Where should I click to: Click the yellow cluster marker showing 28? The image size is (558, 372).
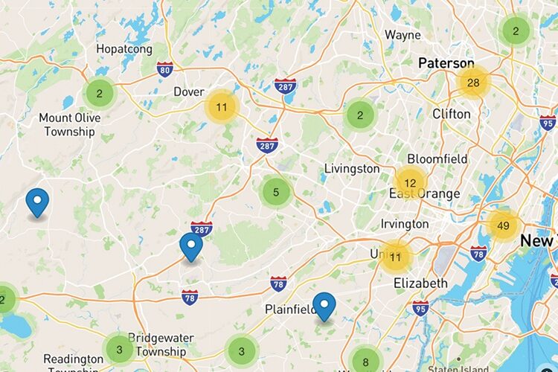(x=472, y=83)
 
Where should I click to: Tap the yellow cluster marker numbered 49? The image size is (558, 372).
(x=503, y=226)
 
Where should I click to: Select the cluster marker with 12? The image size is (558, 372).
(x=410, y=182)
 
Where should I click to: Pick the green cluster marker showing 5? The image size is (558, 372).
(x=276, y=192)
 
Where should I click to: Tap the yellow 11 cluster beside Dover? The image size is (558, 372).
(x=221, y=107)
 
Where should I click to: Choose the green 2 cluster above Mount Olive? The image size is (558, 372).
(x=99, y=94)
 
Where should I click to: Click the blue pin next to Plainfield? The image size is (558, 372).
(x=324, y=306)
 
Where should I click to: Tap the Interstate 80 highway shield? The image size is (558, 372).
(x=165, y=69)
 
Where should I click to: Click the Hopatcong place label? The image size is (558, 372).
(x=124, y=49)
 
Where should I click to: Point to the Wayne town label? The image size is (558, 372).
(x=403, y=35)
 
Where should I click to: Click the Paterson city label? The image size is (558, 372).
(x=446, y=63)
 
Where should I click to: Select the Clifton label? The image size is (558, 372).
(x=452, y=114)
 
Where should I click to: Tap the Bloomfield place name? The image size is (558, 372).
(x=437, y=158)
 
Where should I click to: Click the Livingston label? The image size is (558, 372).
(x=352, y=169)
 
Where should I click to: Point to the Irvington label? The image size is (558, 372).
(x=405, y=223)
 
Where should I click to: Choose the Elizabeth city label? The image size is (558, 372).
(x=420, y=283)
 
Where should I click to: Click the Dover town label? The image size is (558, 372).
(x=188, y=92)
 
